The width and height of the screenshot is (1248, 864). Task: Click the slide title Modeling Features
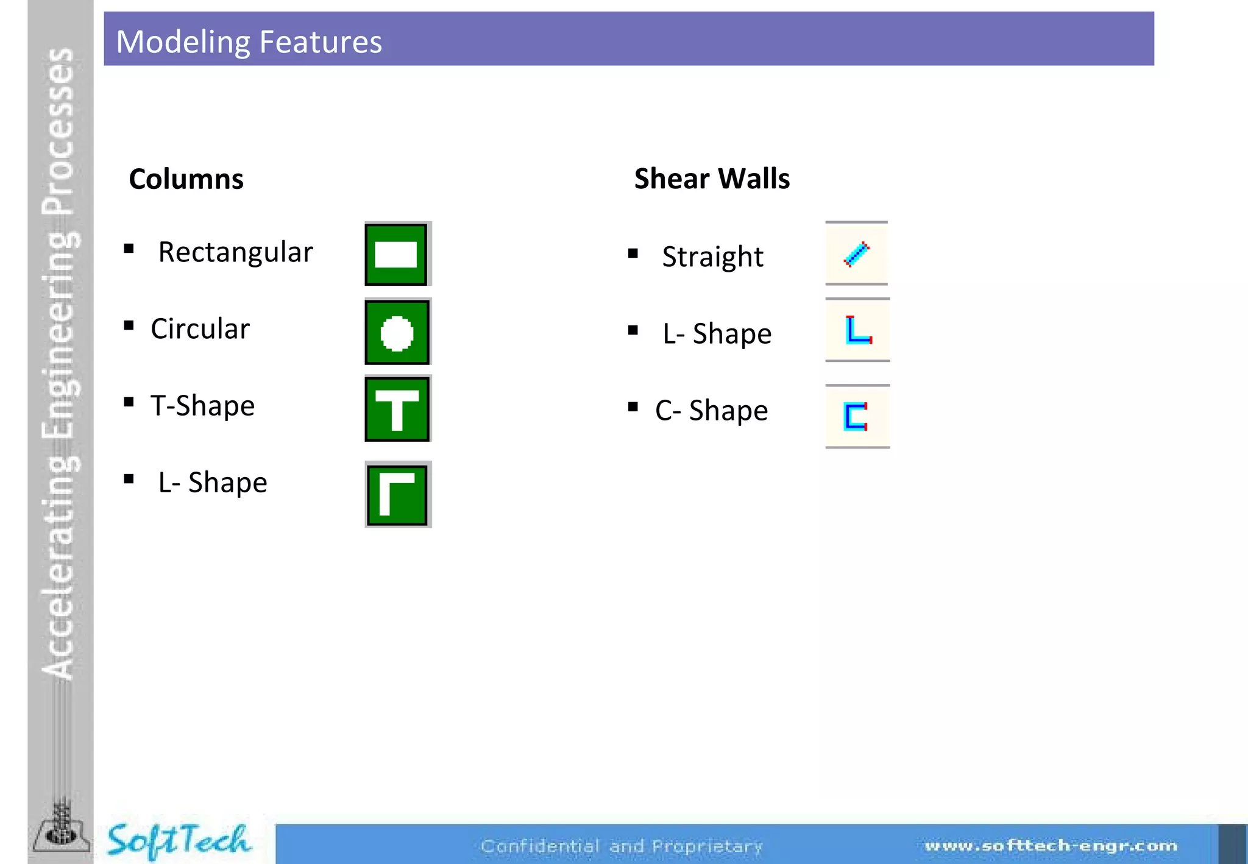point(249,41)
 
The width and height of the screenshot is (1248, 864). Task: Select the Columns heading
point(186,179)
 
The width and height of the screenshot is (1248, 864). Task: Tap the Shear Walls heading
point(711,179)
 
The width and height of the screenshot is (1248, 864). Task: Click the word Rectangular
point(235,252)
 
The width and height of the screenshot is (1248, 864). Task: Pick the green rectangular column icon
point(397,254)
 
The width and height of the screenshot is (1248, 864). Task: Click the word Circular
point(200,329)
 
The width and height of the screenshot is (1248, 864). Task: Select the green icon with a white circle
point(397,332)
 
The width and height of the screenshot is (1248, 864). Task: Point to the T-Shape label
point(202,406)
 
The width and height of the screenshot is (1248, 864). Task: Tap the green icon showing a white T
point(397,409)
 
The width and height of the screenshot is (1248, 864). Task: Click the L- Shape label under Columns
point(212,483)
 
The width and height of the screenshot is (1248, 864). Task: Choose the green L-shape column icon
point(397,494)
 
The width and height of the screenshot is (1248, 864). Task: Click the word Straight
point(712,257)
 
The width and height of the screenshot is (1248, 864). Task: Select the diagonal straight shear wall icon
point(856,253)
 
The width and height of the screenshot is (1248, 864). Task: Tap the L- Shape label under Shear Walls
point(717,334)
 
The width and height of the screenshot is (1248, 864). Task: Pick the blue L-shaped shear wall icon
point(858,330)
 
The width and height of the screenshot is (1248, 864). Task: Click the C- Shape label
point(711,411)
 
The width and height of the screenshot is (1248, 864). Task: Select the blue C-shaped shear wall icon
point(856,416)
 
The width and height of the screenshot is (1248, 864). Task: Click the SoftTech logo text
point(178,840)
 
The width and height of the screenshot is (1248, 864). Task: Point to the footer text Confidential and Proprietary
point(622,846)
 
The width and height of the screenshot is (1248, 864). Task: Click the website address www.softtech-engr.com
point(1051,846)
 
